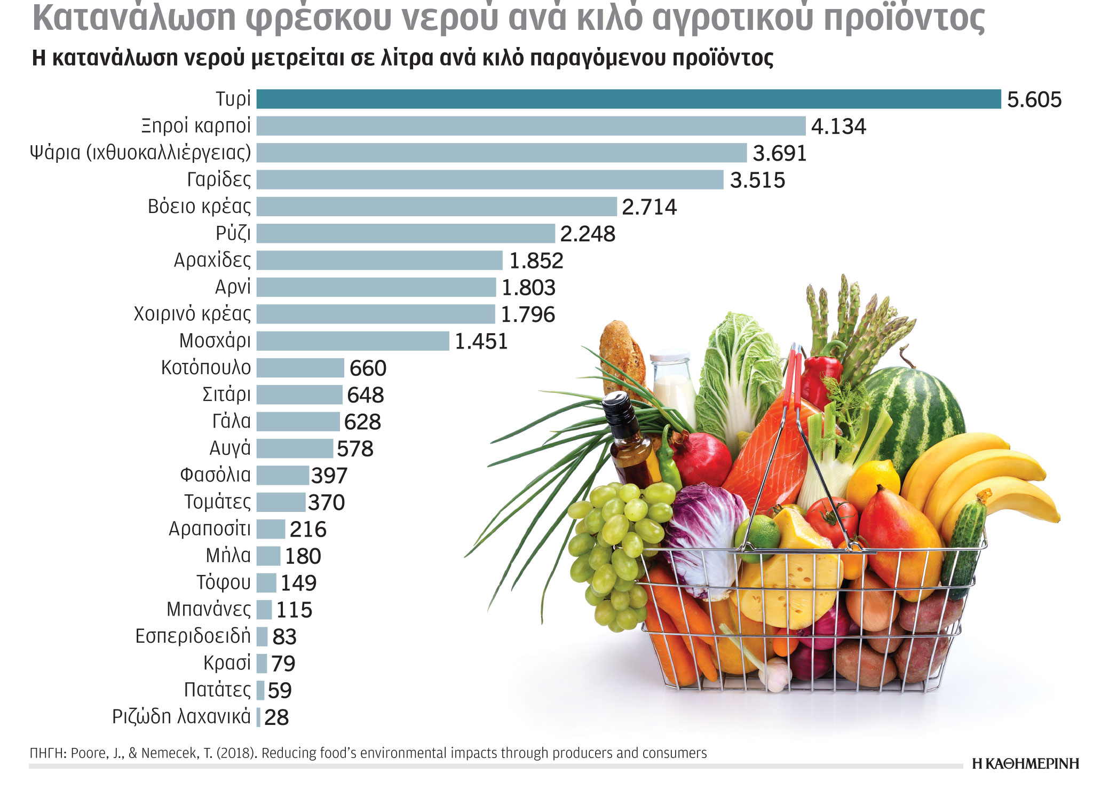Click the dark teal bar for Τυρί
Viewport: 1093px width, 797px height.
(x=628, y=99)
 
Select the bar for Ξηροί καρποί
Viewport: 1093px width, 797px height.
(x=530, y=126)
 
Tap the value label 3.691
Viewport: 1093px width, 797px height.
(x=779, y=154)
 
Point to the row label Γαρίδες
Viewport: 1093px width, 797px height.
(x=219, y=179)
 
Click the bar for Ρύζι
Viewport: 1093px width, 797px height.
(x=406, y=233)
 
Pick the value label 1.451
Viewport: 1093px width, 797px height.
(x=481, y=342)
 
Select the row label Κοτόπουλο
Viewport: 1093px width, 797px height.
(x=206, y=368)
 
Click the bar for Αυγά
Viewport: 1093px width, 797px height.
(x=295, y=448)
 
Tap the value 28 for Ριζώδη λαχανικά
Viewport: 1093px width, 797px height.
(x=276, y=717)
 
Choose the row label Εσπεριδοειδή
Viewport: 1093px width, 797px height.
(x=193, y=636)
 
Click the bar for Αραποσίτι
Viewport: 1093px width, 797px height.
(x=271, y=529)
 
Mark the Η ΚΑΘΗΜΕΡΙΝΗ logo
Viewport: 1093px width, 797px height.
(x=1025, y=764)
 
